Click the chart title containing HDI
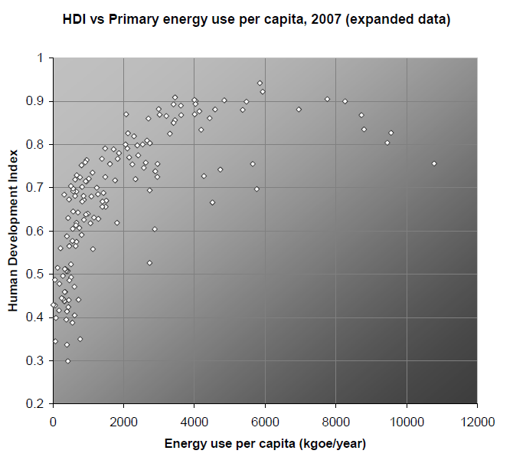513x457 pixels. pyautogui.click(x=256, y=18)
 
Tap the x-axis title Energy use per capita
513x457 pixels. pyautogui.click(x=264, y=443)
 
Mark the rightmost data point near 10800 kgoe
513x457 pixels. pyautogui.click(x=434, y=163)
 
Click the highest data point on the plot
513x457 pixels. pyautogui.click(x=260, y=83)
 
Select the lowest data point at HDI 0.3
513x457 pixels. pyautogui.click(x=67, y=360)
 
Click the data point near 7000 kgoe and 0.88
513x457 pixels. pyautogui.click(x=299, y=110)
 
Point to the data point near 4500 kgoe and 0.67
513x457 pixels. pyautogui.click(x=212, y=202)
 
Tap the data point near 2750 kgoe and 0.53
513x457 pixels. pyautogui.click(x=149, y=263)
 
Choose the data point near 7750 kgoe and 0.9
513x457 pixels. pyautogui.click(x=327, y=99)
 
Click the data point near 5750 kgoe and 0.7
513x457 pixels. pyautogui.click(x=256, y=189)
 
